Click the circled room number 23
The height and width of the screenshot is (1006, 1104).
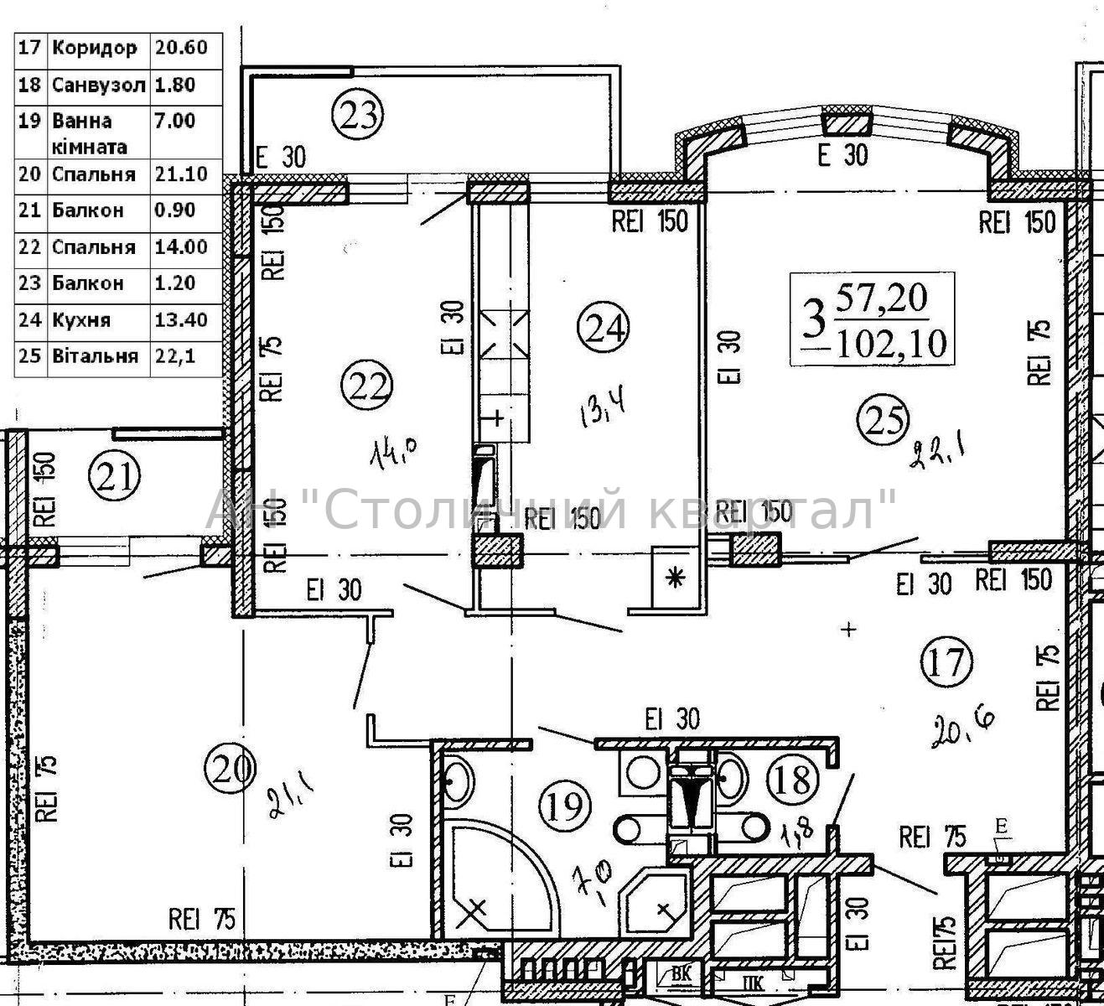pos(358,116)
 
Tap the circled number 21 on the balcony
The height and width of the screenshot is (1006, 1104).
pos(115,475)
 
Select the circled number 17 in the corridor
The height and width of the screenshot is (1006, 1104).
pos(946,661)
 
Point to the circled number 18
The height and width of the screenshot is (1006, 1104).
pos(793,780)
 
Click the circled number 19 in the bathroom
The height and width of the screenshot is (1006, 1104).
pos(565,805)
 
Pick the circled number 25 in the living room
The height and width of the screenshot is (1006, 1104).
pos(883,419)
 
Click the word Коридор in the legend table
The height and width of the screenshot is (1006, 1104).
pos(94,49)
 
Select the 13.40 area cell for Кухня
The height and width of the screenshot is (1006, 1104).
pos(181,320)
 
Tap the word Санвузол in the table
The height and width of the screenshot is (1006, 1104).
pos(99,85)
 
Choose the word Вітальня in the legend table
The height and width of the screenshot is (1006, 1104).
pos(95,355)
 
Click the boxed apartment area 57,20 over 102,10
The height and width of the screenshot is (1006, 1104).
pos(873,319)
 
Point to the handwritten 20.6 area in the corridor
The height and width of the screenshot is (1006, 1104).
pos(963,729)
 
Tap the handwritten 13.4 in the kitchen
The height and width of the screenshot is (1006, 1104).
pos(602,411)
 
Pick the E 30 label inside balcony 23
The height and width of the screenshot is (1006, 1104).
pos(281,157)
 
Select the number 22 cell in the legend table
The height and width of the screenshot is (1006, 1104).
pos(31,247)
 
